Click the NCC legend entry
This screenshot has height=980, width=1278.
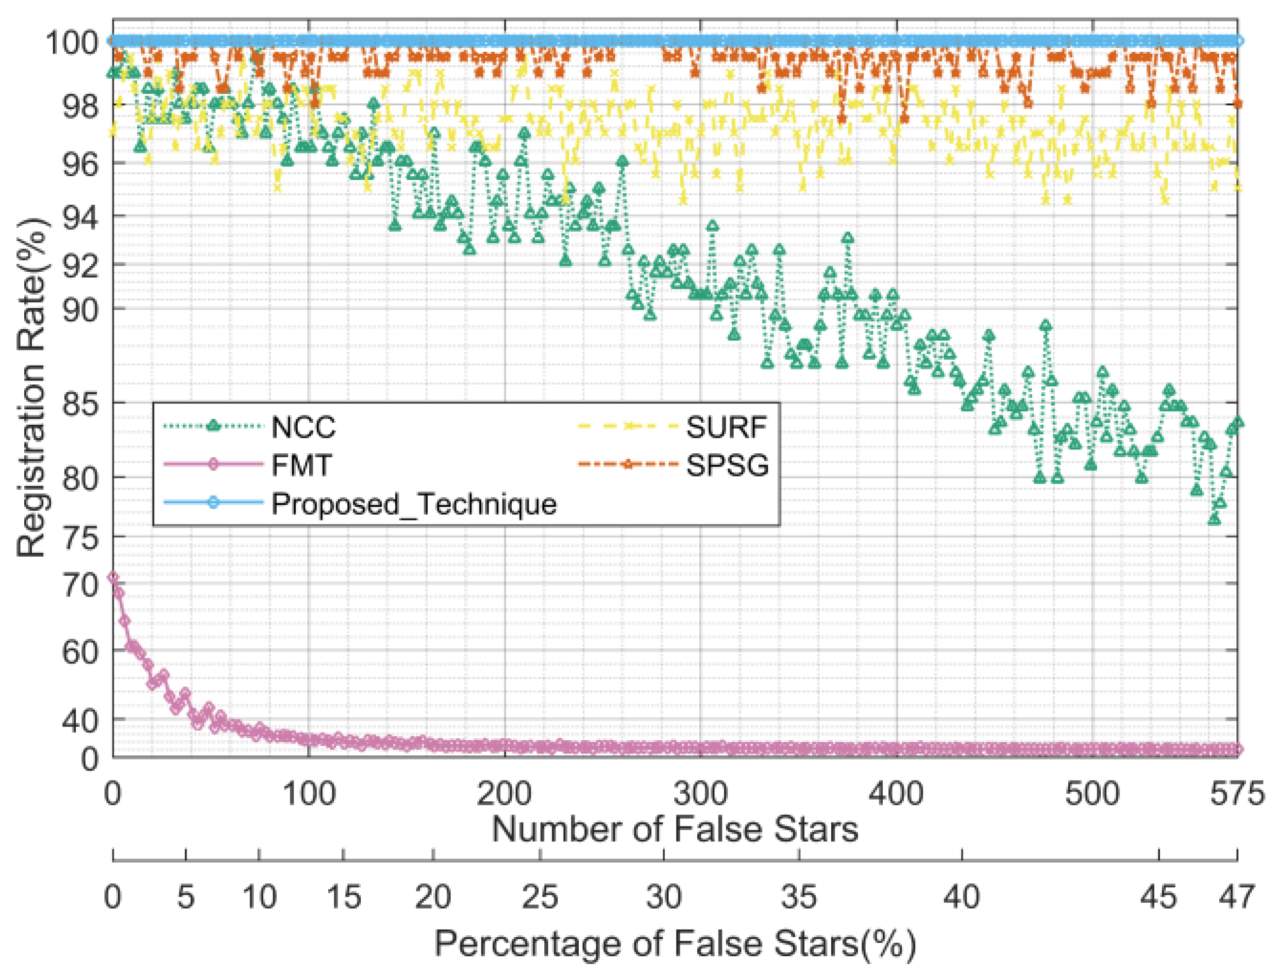[x=303, y=428]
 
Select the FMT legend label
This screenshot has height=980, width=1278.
[x=301, y=465]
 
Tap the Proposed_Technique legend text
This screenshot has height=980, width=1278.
[x=414, y=503]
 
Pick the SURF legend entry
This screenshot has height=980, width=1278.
[x=725, y=428]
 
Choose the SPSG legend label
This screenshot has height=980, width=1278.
[x=726, y=465]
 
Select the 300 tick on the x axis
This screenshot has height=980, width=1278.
[x=700, y=795]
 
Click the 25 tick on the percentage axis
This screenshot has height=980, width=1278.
[x=540, y=897]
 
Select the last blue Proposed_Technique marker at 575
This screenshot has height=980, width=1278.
[x=1238, y=41]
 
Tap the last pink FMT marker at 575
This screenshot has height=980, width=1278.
[x=1238, y=749]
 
